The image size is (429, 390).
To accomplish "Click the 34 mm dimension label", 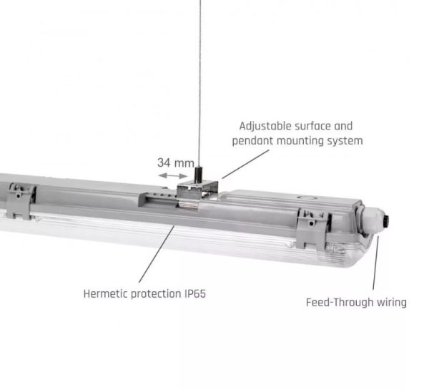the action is click(176, 162).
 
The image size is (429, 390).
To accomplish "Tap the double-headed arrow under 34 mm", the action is click(173, 175).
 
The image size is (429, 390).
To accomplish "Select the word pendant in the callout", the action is click(253, 141).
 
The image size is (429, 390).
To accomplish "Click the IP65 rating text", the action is click(194, 294).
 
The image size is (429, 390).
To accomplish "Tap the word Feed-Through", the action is click(340, 303).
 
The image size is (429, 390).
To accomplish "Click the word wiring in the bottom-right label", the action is click(392, 303).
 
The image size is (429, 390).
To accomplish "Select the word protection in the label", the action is click(156, 294).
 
